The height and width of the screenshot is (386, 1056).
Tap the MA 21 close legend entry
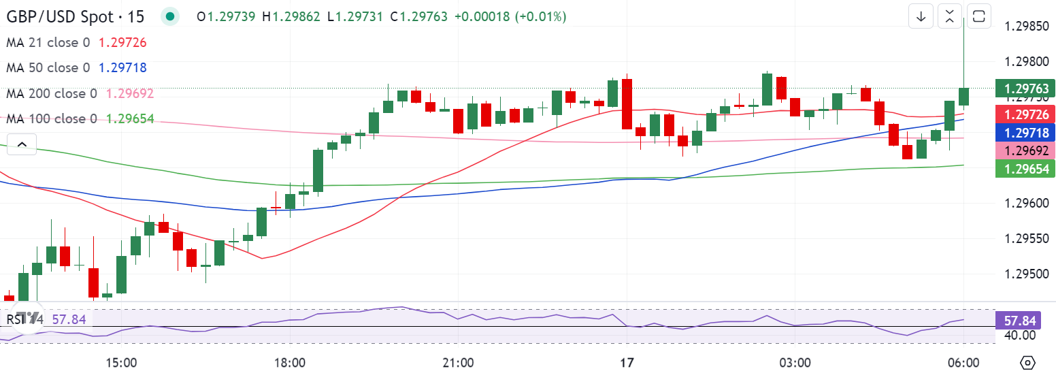(x=48, y=42)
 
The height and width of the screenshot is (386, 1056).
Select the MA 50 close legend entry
(x=48, y=67)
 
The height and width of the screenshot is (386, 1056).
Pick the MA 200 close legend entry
(x=52, y=93)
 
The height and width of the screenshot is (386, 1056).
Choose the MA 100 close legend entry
(x=52, y=118)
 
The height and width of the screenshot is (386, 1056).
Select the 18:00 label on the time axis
(x=289, y=363)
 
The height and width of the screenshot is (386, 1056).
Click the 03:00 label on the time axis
(x=795, y=363)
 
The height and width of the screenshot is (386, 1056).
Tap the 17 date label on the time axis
(x=627, y=363)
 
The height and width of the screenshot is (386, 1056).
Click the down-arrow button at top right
(x=921, y=16)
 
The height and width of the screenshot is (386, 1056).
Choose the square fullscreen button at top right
(x=978, y=16)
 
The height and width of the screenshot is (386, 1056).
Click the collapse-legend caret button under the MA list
(x=21, y=144)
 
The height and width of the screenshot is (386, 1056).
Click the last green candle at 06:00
(x=964, y=97)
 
